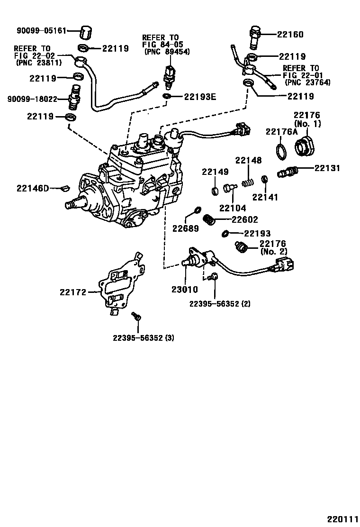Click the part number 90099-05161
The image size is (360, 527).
[35, 31]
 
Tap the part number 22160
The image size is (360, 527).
[290, 34]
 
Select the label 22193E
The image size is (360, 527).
[200, 97]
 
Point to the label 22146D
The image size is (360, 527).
[33, 189]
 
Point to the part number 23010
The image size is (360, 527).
[185, 290]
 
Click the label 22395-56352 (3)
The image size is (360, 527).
[144, 338]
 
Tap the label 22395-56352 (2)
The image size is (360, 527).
[219, 303]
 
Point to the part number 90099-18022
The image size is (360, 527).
[32, 99]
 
